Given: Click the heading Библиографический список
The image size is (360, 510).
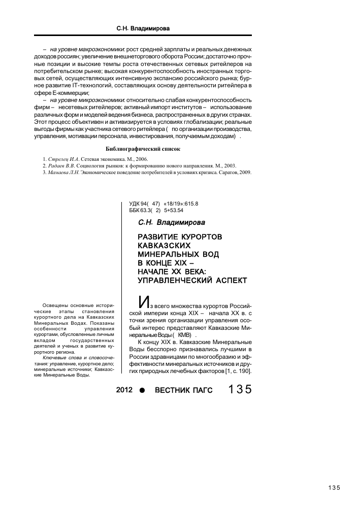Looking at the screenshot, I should coord(143,149).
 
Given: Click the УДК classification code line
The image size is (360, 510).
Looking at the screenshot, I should coord(163,203).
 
